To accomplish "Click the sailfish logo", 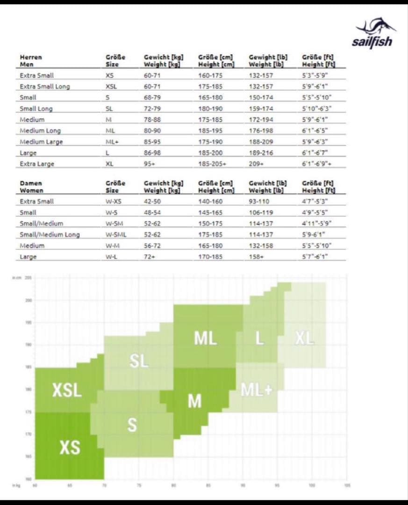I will point(373,33).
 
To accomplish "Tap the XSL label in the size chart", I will point(67,390).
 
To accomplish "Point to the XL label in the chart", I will point(305,339).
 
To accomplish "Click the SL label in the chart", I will point(139,361).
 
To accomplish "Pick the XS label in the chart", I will point(70,448).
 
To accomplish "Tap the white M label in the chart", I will point(195,401).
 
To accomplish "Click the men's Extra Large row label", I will point(37,164).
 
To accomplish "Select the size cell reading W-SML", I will point(116,235).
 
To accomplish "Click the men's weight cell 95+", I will point(150,164).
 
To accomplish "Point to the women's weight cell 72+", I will point(150,257).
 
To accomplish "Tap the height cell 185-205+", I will point(212,164).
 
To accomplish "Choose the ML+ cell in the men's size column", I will point(112,142).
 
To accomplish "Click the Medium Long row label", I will point(40,130).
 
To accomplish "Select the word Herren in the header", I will point(31,58).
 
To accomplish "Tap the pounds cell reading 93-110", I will point(259,202).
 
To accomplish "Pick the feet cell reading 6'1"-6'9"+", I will point(317,164).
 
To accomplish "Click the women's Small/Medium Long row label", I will point(50,235).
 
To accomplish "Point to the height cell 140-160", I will point(210,202).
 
